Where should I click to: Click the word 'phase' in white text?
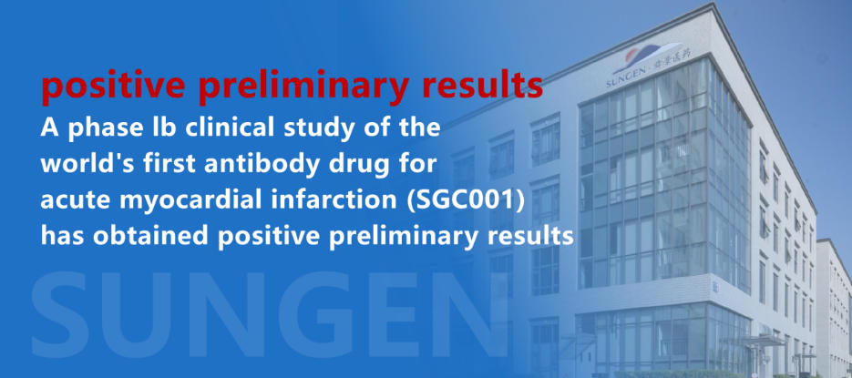tap(101, 128)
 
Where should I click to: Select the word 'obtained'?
tap(157, 236)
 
